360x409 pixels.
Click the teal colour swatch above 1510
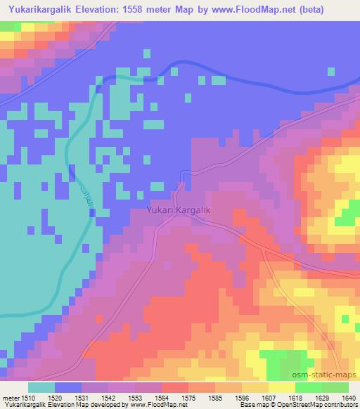tap(41, 387)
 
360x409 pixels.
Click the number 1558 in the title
tap(141, 8)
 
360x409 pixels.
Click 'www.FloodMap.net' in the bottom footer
tap(153, 405)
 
